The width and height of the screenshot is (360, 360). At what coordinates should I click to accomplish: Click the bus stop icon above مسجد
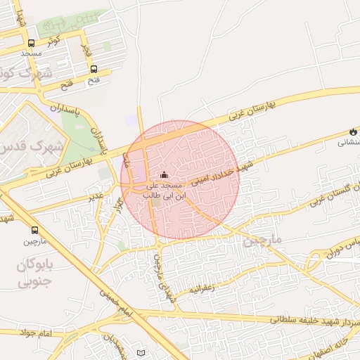pos(31,42)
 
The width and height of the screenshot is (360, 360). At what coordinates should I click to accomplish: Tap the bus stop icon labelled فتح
pos(94,69)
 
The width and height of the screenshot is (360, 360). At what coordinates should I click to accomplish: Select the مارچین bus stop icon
pos(35,230)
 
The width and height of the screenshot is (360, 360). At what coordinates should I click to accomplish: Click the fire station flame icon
pos(352,131)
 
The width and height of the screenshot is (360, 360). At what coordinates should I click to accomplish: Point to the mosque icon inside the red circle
pos(165,175)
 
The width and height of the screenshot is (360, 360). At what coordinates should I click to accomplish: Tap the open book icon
pos(141,352)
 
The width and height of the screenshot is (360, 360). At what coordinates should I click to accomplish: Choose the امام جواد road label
pos(31,332)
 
